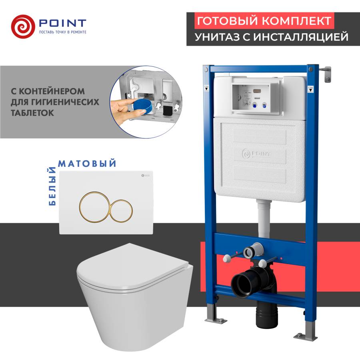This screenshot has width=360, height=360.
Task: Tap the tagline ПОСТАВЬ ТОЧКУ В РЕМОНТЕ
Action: coord(62,32)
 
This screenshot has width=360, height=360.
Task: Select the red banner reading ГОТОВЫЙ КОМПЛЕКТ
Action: coord(263,20)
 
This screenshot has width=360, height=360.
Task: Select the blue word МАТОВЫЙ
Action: coord(88,163)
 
